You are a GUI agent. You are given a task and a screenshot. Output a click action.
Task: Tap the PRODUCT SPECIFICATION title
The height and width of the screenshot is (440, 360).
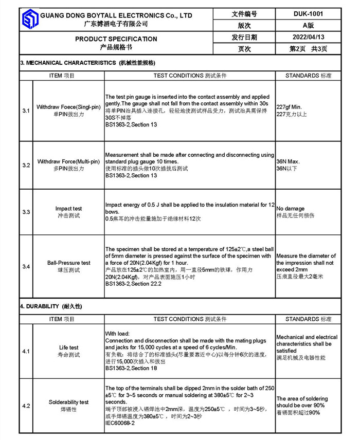116,39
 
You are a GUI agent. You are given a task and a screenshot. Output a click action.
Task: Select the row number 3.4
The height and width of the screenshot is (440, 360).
26,266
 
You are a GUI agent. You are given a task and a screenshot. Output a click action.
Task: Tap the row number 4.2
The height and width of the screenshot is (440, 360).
26,406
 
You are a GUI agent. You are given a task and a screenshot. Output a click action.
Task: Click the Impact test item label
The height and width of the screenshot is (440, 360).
68,209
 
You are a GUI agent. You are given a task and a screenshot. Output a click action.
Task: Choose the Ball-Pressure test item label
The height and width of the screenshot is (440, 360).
68,263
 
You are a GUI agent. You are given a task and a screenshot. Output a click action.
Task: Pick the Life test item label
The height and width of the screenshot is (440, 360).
68,348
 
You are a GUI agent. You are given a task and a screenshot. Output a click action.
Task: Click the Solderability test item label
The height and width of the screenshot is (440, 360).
68,402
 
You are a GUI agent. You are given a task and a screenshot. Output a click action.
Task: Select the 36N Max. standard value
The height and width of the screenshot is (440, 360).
288,161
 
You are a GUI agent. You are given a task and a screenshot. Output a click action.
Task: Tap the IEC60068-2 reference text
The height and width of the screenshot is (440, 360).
120,423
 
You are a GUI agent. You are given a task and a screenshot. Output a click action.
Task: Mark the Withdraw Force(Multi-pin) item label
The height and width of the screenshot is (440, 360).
68,161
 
